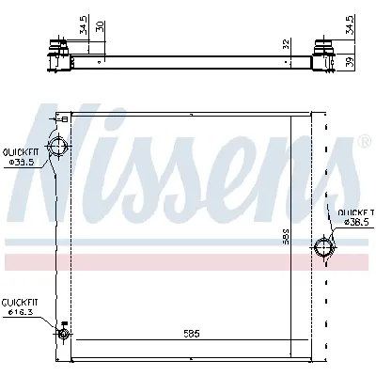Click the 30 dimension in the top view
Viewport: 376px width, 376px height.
tap(101, 27)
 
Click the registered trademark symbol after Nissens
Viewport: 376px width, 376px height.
tap(364, 143)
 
